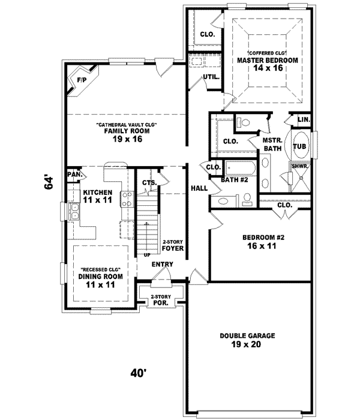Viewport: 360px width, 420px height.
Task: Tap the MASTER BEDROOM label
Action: tap(268, 61)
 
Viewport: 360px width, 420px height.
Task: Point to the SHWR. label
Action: tap(299, 166)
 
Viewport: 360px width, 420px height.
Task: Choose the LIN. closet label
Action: tap(304, 120)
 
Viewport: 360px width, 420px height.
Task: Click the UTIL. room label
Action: tap(210, 77)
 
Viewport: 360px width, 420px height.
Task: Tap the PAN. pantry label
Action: tap(74, 175)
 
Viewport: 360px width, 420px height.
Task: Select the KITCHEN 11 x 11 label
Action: tap(97, 196)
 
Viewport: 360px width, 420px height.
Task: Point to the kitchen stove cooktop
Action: tap(127, 199)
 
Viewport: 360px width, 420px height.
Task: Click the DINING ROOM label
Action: tap(101, 281)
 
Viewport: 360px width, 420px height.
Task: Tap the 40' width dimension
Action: tap(139, 373)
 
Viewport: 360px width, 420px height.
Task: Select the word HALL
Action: tap(199, 188)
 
